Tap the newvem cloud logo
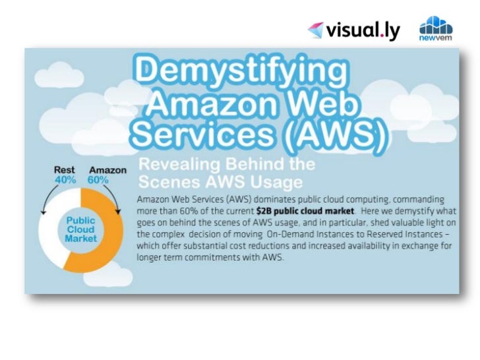pos(436,29)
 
